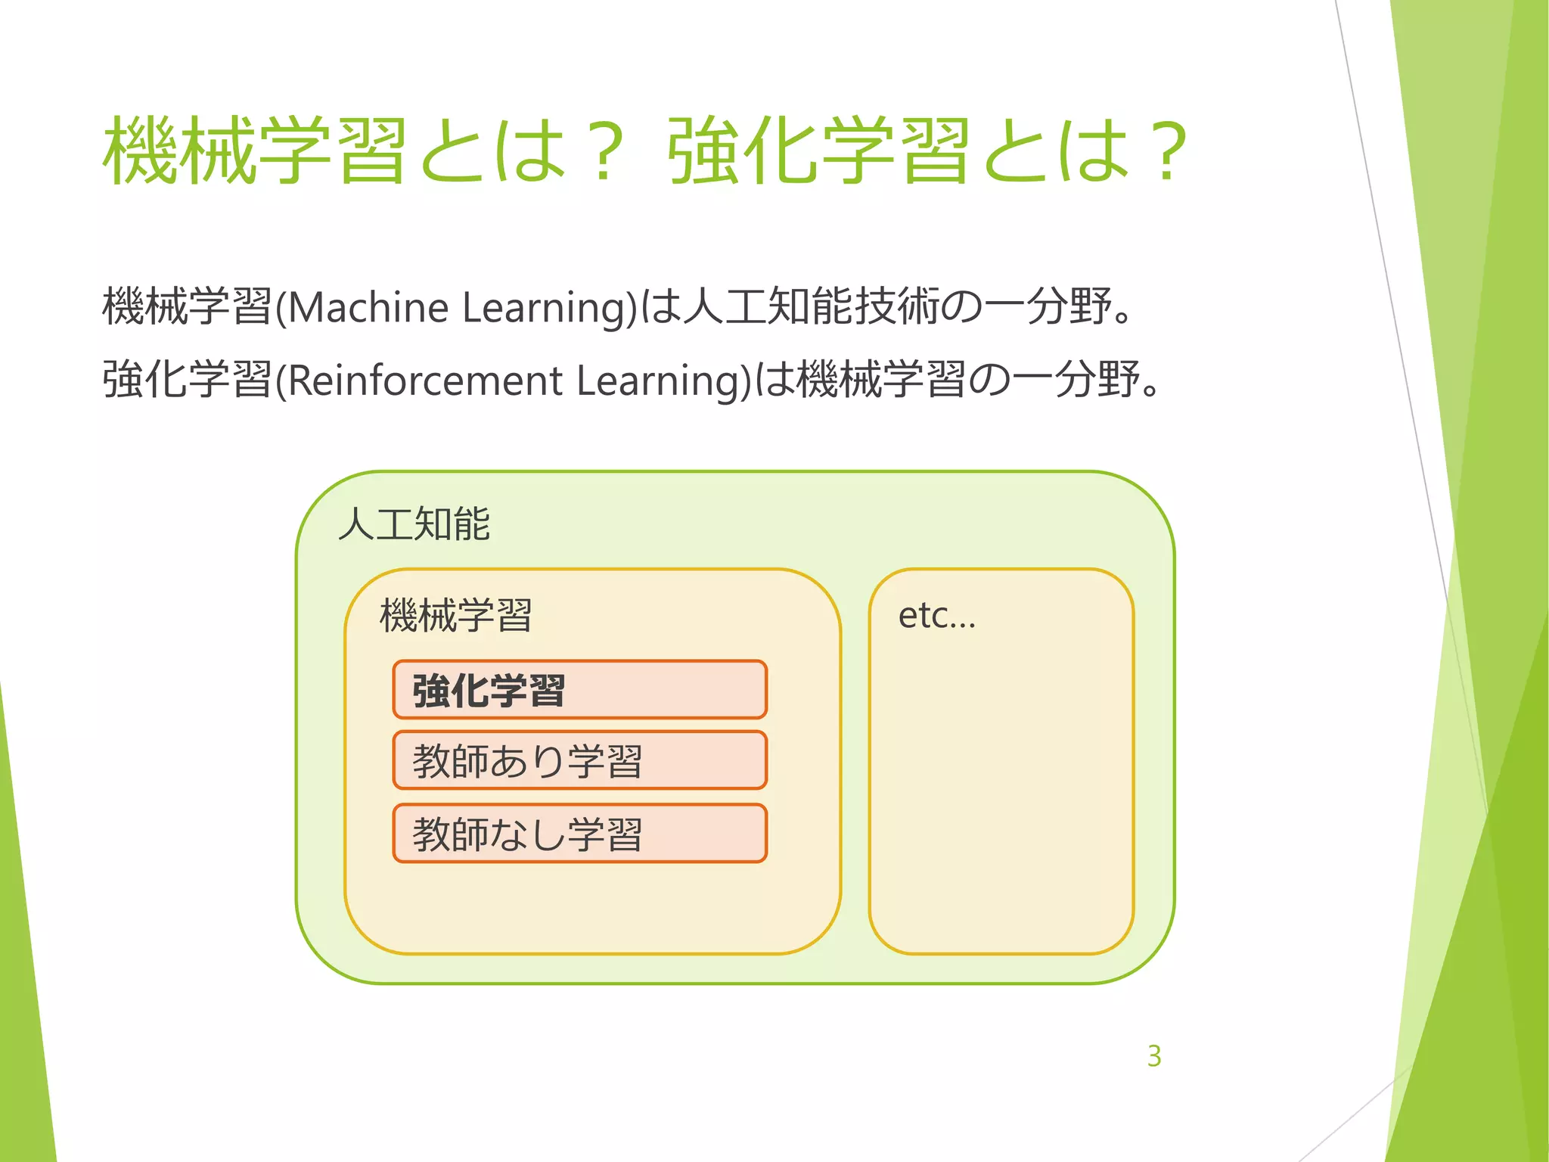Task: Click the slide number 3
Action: [x=1153, y=1056]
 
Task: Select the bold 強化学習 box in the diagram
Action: [x=579, y=690]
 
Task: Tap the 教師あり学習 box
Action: [x=579, y=760]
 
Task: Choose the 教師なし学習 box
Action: [x=579, y=834]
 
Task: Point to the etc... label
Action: [x=936, y=616]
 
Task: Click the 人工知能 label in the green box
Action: [x=414, y=524]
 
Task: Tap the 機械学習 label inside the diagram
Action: [x=456, y=615]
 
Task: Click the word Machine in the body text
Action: [x=368, y=308]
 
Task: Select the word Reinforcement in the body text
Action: [x=425, y=381]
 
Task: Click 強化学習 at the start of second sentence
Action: [x=187, y=380]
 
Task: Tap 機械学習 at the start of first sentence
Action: [x=187, y=307]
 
